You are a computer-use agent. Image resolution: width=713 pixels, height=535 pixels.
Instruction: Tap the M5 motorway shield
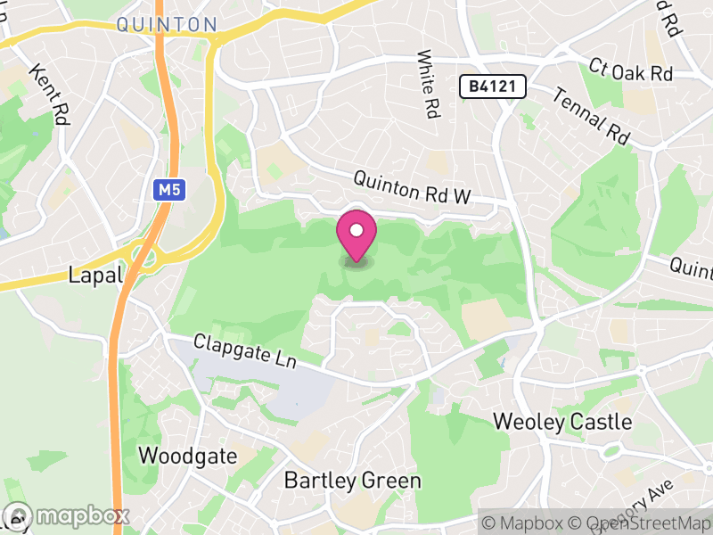pyautogui.click(x=165, y=190)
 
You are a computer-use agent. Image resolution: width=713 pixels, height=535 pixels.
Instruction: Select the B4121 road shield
pyautogui.click(x=493, y=86)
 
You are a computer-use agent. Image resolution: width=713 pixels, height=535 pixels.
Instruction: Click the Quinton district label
pyautogui.click(x=166, y=24)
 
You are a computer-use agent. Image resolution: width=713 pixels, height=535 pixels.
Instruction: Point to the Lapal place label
pyautogui.click(x=94, y=276)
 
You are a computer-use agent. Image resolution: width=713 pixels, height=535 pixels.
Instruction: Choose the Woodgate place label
pyautogui.click(x=187, y=457)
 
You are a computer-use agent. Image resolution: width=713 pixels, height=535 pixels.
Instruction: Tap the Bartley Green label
pyautogui.click(x=352, y=481)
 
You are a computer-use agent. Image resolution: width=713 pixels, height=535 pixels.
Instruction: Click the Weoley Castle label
pyautogui.click(x=562, y=421)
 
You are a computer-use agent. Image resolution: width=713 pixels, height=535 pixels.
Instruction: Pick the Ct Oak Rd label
pyautogui.click(x=630, y=72)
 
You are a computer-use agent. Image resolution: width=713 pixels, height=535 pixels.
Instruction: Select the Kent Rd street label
pyautogui.click(x=48, y=94)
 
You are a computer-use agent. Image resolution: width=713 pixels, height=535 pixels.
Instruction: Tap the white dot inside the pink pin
pyautogui.click(x=356, y=231)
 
